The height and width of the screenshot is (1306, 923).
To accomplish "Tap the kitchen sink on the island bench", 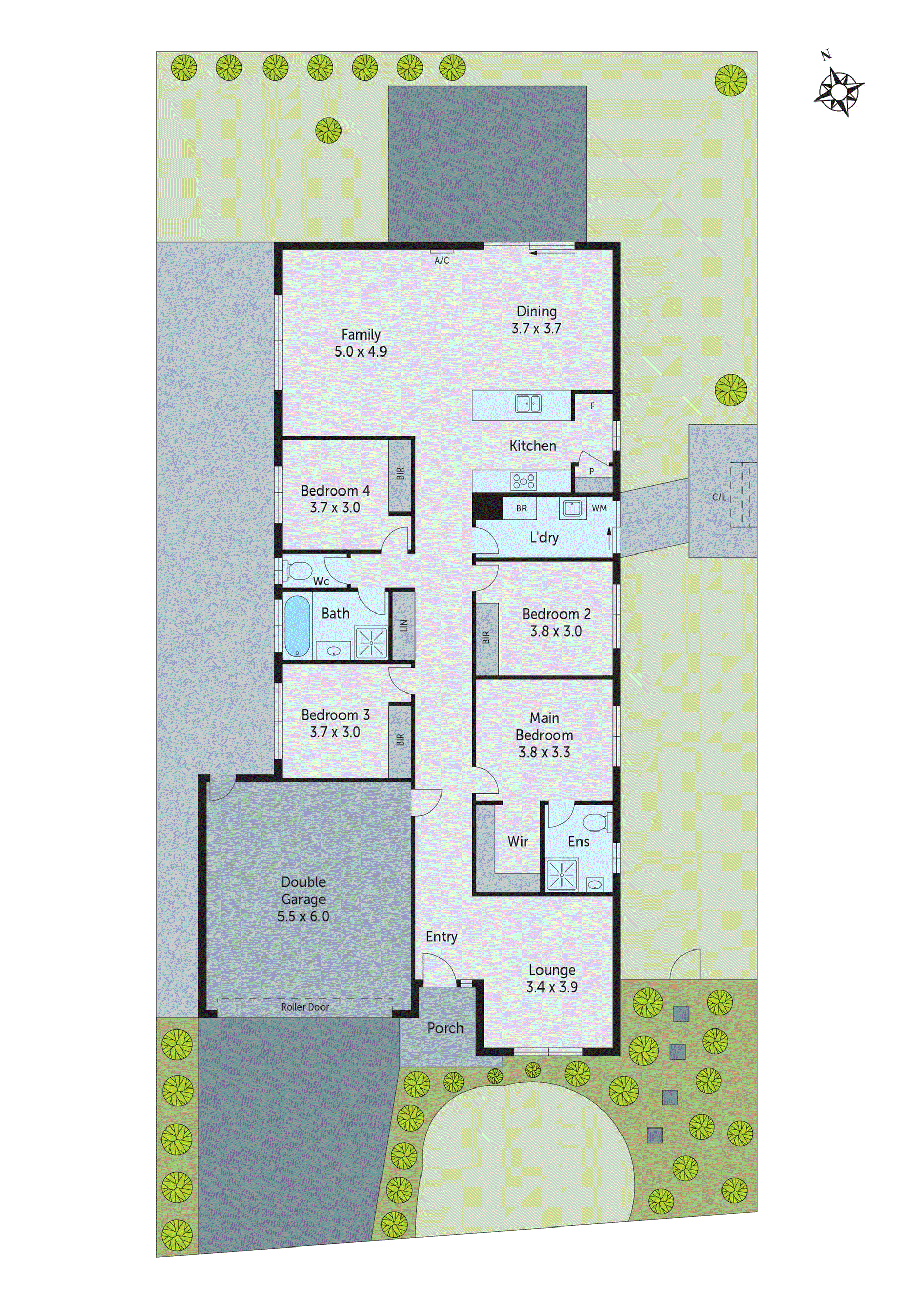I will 528,404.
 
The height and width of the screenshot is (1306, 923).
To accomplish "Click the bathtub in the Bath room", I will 296,626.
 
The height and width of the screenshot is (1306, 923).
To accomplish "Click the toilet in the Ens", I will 598,821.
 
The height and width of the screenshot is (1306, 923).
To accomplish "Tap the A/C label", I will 442,261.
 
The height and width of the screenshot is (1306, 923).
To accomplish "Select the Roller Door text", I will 305,1007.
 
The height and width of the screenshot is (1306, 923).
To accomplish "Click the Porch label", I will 445,1028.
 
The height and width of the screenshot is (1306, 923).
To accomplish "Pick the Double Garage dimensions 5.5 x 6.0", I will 303,916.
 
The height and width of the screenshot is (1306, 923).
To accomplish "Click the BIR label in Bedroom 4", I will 400,474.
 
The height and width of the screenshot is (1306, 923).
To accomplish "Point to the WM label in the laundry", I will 599,508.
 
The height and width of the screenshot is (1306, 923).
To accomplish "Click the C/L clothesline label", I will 719,497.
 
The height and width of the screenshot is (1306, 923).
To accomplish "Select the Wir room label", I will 517,841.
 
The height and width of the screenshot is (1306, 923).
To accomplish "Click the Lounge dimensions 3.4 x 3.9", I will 552,987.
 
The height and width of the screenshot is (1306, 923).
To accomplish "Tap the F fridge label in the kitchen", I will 593,406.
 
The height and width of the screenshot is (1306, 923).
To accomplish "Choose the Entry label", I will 442,937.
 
